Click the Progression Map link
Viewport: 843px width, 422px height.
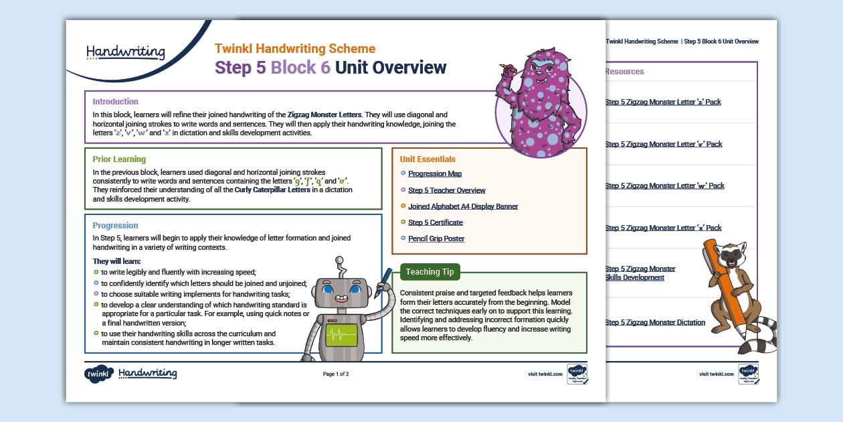point(435,174)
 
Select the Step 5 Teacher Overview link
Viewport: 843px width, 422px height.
point(446,190)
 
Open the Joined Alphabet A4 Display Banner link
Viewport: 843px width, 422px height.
point(463,206)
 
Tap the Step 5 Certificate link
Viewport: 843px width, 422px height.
point(435,222)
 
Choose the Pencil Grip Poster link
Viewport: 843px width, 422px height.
point(436,238)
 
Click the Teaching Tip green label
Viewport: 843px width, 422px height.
point(430,272)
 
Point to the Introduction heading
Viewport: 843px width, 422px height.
point(116,102)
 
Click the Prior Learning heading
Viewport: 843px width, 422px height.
point(119,159)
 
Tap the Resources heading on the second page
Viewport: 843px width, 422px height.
point(624,72)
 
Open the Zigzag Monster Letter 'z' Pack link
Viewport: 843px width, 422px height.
point(663,102)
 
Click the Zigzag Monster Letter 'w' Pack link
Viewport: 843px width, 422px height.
point(664,186)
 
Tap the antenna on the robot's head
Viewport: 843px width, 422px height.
point(339,263)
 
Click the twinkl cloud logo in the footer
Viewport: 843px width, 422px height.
point(98,374)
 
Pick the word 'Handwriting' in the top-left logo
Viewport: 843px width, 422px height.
point(126,52)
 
